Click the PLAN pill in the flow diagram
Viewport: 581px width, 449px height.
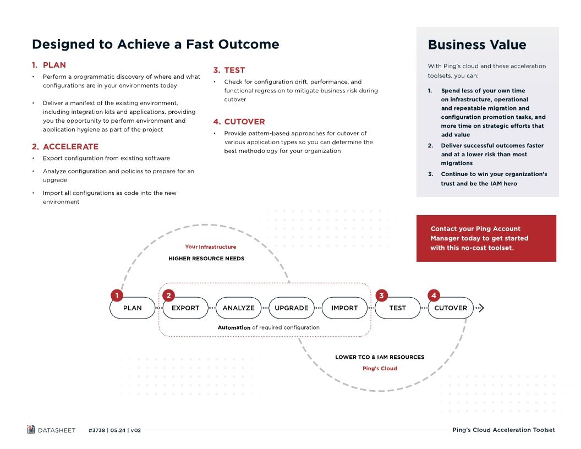point(133,308)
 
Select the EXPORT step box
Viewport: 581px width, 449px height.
point(185,308)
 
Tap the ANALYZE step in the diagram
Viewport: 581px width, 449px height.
point(238,308)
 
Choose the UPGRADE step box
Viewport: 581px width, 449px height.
point(291,308)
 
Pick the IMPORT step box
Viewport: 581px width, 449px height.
point(344,308)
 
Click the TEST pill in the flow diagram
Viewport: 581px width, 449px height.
point(397,308)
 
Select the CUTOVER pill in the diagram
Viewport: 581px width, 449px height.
point(450,308)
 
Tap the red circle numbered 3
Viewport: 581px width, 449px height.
point(381,295)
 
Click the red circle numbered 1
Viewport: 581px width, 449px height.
point(117,295)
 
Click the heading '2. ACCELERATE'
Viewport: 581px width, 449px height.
point(65,146)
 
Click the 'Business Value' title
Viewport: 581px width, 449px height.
point(477,45)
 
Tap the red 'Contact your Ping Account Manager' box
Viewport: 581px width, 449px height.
point(486,238)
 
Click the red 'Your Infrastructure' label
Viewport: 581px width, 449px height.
point(210,247)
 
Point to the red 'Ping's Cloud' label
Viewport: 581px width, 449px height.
point(379,369)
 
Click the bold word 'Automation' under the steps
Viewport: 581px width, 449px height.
point(234,327)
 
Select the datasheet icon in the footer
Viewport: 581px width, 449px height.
point(31,429)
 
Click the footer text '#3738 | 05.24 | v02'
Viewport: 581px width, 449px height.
point(114,430)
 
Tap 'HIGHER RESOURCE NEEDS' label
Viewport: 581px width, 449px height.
point(206,258)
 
